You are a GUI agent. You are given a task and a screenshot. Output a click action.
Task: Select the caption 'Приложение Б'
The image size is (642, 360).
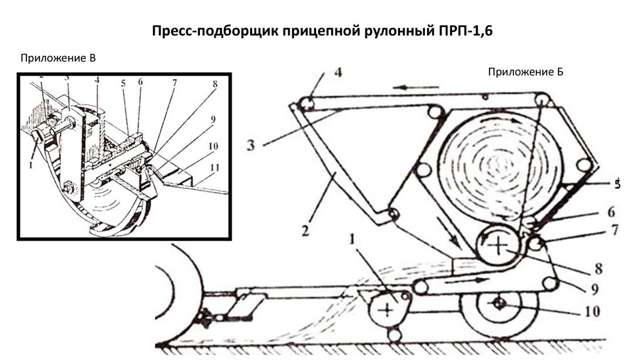(526, 72)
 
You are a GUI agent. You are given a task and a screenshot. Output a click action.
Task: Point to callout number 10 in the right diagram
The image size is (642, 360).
(592, 310)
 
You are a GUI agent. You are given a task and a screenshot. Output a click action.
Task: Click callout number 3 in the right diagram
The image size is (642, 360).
(250, 145)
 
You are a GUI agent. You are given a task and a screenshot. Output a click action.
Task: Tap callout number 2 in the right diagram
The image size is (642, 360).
(305, 231)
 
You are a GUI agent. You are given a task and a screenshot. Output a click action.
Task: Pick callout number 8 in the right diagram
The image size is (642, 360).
(598, 270)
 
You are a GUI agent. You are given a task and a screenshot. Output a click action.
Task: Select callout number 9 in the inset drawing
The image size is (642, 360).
(213, 119)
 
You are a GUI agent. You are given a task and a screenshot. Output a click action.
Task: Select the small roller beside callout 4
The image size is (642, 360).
(305, 102)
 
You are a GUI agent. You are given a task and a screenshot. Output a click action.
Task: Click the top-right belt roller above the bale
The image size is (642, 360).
(542, 99)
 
